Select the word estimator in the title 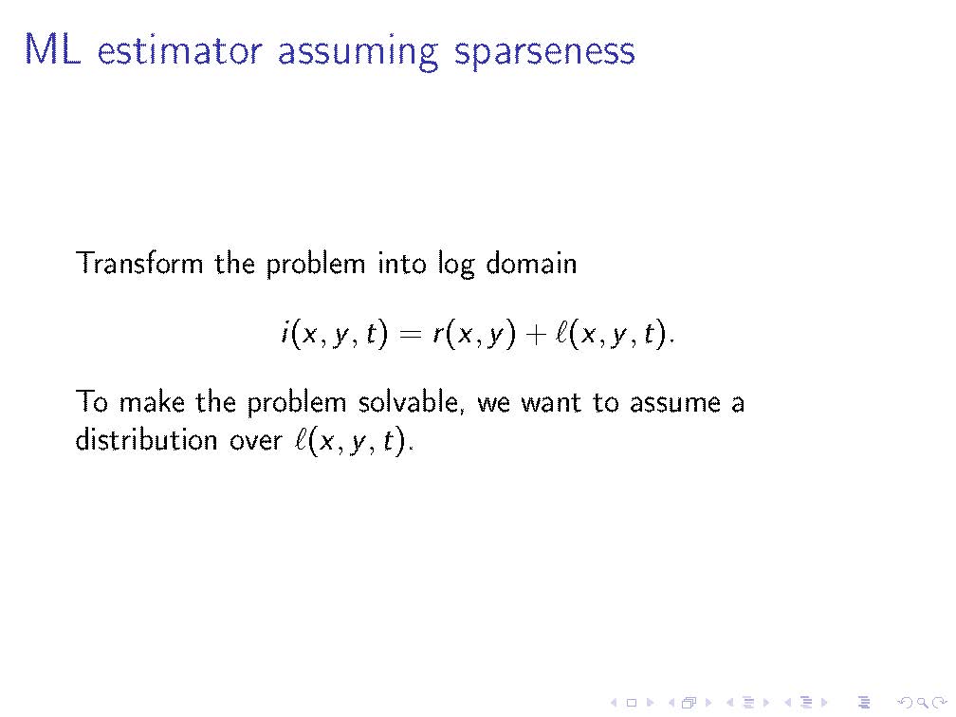tap(180, 50)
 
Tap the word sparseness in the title tap(544, 53)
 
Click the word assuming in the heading tap(358, 53)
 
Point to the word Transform tap(139, 263)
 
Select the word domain tap(531, 263)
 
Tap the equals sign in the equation tap(410, 334)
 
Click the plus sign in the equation tap(535, 334)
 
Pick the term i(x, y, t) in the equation tap(334, 334)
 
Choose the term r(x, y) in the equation tap(474, 334)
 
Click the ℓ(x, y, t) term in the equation tap(614, 334)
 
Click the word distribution tap(146, 439)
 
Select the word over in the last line tap(255, 441)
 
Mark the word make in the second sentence tap(151, 402)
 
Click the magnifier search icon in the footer tap(923, 703)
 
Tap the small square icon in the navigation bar tap(632, 703)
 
